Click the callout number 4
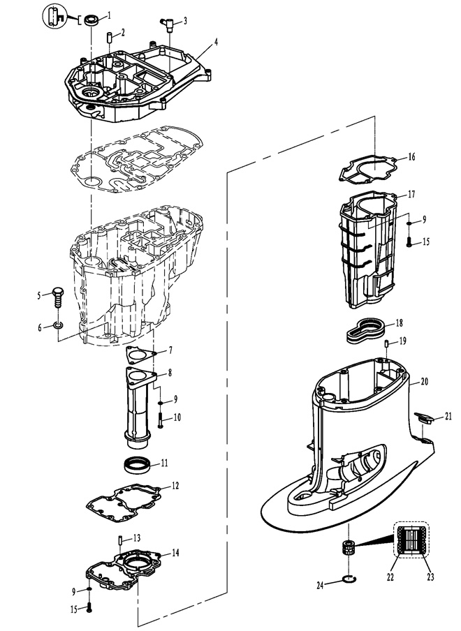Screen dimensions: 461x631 (x=217, y=42)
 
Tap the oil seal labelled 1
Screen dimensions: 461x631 (x=91, y=20)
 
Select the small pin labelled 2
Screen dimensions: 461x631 (x=109, y=36)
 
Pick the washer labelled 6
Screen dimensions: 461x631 (x=59, y=325)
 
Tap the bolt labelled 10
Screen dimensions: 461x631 (x=160, y=420)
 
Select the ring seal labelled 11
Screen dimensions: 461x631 (x=138, y=466)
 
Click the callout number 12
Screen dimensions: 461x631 (x=175, y=486)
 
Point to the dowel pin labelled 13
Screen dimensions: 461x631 (x=120, y=540)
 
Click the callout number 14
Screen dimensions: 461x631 (x=175, y=553)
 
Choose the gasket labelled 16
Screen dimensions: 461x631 (x=367, y=170)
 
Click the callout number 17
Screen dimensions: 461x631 (x=411, y=194)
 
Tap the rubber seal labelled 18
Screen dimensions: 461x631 (x=366, y=331)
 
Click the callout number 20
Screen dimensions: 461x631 (x=425, y=381)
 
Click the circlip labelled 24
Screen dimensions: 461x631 (x=349, y=579)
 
